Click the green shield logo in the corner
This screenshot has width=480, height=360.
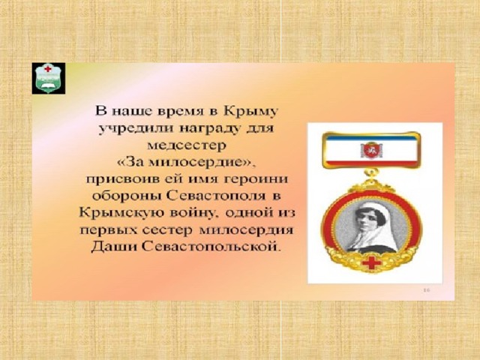point(48,78)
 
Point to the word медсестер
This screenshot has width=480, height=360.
point(186,145)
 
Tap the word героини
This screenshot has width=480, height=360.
point(256,178)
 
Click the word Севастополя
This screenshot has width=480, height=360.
point(217,196)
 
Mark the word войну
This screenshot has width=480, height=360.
point(193,212)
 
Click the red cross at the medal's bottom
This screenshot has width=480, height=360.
point(371,263)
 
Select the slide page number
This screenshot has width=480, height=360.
point(427,290)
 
